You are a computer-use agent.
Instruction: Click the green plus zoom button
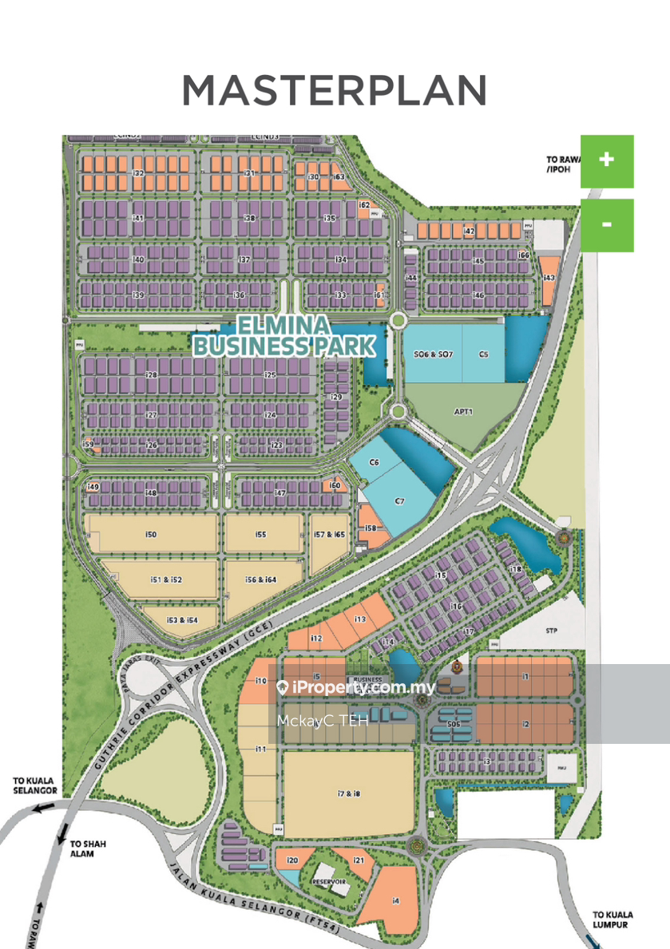(x=606, y=160)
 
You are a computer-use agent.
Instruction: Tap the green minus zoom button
(x=606, y=224)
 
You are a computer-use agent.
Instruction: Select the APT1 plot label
(x=464, y=412)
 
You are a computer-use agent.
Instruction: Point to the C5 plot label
(x=483, y=353)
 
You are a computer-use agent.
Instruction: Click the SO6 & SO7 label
(x=433, y=353)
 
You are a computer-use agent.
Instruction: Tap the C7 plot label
(x=401, y=501)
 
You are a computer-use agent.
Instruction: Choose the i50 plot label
(x=151, y=534)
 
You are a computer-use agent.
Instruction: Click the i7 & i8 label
(x=349, y=793)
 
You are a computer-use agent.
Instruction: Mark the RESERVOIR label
(x=330, y=881)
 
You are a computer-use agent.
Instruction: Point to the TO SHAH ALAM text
(x=88, y=847)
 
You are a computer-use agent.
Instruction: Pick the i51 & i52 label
(x=165, y=579)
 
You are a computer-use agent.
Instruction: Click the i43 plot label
(x=549, y=278)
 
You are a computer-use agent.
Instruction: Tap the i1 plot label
(x=525, y=677)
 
